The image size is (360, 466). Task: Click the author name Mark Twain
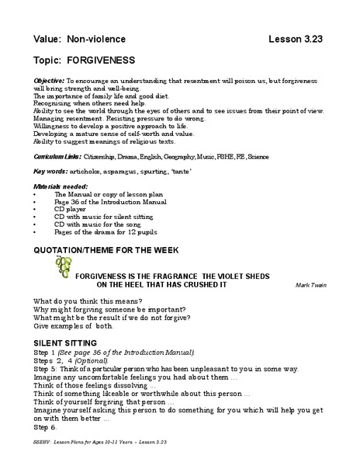click(x=310, y=285)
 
